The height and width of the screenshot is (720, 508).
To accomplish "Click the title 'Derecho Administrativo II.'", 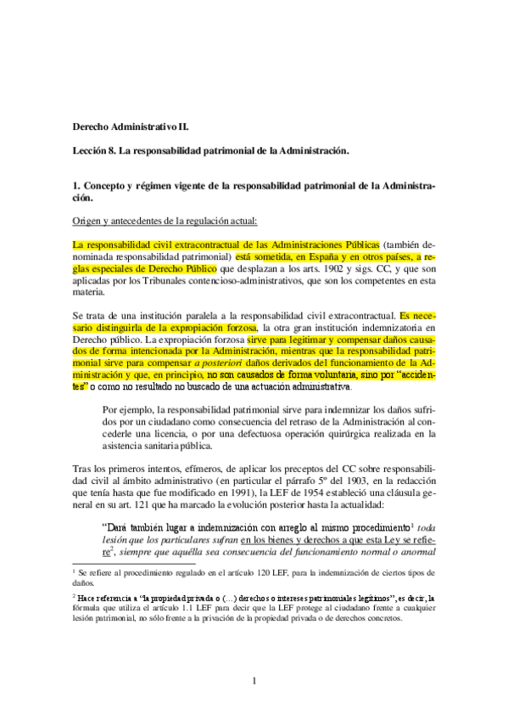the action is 131,127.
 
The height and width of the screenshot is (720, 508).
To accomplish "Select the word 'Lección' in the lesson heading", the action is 89,150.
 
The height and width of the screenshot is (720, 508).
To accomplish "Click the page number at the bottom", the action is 254,680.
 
